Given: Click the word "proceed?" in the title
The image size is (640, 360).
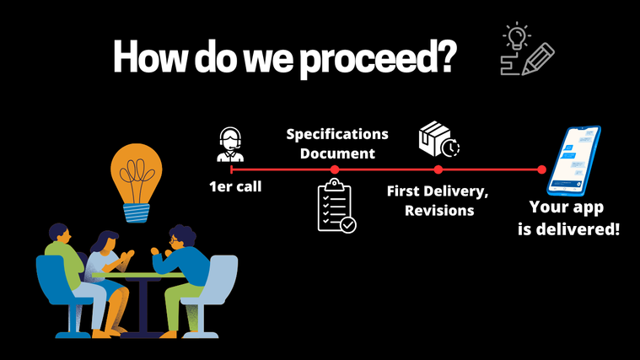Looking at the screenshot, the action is pos(378,59).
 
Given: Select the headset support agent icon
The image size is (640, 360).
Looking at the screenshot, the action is pos(230,144).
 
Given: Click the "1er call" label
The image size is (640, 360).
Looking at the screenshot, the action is pos(235,186).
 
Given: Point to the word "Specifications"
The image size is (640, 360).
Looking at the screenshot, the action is pos(337,134).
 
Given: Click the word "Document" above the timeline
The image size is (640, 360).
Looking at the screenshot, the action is pos(337,153).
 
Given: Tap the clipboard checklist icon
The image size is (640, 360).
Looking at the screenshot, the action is pos(336,206).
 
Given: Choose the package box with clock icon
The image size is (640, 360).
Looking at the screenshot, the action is pos(439,139).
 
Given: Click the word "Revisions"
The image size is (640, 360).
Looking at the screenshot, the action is pos(439,210).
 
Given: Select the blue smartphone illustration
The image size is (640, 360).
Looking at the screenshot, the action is pos(574,161).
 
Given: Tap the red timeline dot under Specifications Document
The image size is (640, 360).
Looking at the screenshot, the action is pos(335,169).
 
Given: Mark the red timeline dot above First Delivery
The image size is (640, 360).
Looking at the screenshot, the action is pos(438,169).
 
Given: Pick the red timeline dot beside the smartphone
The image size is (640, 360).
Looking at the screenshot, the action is pos(541,169).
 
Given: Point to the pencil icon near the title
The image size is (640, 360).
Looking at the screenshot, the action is pos(538,59).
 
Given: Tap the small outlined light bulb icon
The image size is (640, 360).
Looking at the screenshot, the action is pos(517,36).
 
